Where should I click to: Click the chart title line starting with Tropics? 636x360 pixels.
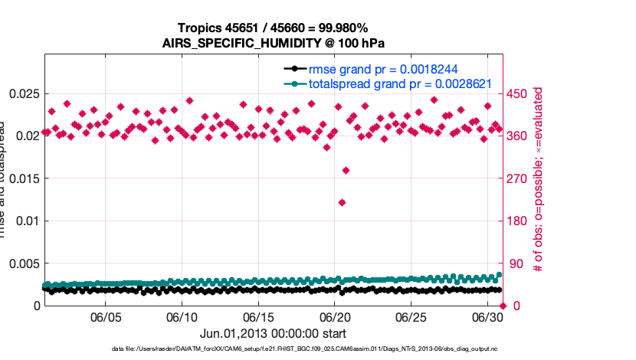[x=273, y=28]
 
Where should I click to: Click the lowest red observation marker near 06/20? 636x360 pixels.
[x=342, y=202]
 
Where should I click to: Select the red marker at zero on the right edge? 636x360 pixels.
[x=503, y=306]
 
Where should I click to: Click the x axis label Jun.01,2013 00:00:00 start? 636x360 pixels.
[x=273, y=333]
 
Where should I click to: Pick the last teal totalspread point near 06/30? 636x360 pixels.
[x=500, y=274]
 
